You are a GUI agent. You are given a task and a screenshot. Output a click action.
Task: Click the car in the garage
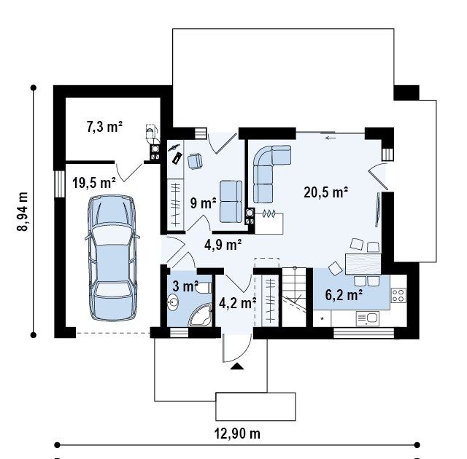tap(112, 258)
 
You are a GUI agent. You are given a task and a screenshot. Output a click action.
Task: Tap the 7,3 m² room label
tap(104, 127)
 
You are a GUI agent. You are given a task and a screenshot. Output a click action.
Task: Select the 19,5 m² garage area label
tap(94, 183)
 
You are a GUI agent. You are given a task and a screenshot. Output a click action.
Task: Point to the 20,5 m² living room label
tap(326, 192)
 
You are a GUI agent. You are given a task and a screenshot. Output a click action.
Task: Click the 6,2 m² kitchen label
tap(344, 295)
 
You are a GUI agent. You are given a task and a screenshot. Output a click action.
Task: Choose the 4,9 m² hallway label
tap(223, 245)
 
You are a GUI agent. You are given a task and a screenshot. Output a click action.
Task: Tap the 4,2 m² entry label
tap(237, 303)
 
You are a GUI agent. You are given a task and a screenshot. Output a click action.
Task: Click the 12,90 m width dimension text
tap(237, 433)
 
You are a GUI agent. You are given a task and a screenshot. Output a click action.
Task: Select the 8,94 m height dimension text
tap(23, 211)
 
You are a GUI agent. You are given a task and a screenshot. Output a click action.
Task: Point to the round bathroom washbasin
tap(173, 302)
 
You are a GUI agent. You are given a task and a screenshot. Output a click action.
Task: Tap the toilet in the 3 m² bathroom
tap(204, 288)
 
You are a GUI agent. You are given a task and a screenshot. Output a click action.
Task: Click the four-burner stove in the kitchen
tap(398, 295)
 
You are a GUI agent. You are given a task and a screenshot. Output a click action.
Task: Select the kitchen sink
tap(368, 318)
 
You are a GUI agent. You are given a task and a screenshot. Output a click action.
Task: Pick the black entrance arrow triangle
tap(237, 366)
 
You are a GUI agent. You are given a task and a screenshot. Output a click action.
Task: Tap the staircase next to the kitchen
tap(294, 297)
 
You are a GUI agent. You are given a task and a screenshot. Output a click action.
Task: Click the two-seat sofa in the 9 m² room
tap(231, 201)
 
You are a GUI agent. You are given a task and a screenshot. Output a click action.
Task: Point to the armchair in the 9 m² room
tap(195, 161)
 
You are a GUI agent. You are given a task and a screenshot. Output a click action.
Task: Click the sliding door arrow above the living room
tap(331, 138)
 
